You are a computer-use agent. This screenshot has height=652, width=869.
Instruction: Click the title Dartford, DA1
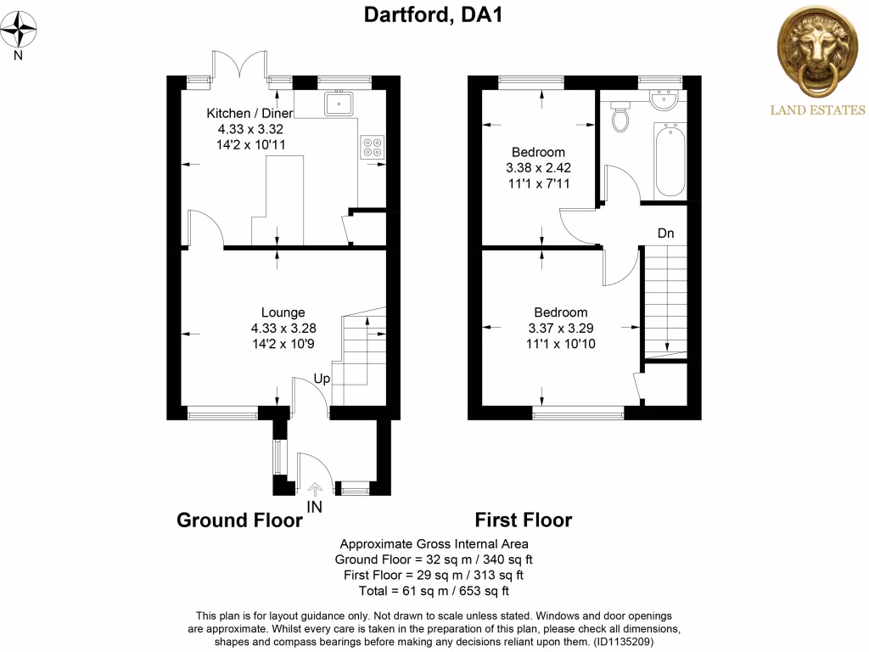pyautogui.click(x=434, y=14)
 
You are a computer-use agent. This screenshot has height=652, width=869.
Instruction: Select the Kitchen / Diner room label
pyautogui.click(x=250, y=113)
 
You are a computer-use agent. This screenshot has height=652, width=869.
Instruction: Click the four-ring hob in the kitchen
pyautogui.click(x=372, y=147)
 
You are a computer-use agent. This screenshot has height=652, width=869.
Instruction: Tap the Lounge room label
pyautogui.click(x=283, y=312)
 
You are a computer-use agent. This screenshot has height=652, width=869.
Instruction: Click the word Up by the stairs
pyautogui.click(x=322, y=378)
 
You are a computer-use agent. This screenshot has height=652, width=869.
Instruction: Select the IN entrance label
pyautogui.click(x=315, y=507)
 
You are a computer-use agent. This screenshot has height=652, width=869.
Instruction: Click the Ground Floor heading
pyautogui.click(x=239, y=520)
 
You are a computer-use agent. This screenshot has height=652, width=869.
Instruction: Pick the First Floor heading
pyautogui.click(x=523, y=520)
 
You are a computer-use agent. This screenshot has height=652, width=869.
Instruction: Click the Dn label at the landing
pyautogui.click(x=666, y=233)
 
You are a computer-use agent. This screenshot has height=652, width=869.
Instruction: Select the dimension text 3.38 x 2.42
pyautogui.click(x=537, y=167)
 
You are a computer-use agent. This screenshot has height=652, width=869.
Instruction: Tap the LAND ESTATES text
pyautogui.click(x=817, y=110)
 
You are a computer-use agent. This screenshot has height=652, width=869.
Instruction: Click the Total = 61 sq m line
pyautogui.click(x=434, y=591)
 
